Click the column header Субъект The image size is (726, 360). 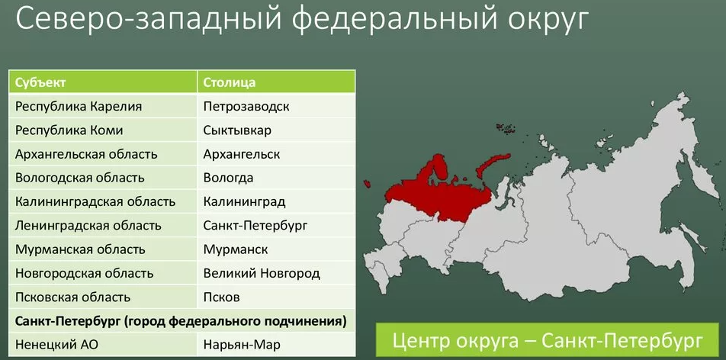tap(40, 82)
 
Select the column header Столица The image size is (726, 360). tap(230, 82)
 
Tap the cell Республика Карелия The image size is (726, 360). tap(79, 107)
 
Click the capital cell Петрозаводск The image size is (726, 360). tap(246, 107)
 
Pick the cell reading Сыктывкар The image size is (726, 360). tap(237, 130)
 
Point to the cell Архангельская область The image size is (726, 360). tap(86, 154)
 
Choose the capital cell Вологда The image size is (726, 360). tap(228, 178)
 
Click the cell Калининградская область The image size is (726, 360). tap(95, 202)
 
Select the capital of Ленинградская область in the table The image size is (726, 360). tap(255, 226)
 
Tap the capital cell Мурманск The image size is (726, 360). tap(236, 249)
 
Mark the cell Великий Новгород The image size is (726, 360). tap(262, 273)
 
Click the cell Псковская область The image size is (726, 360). tap(72, 297)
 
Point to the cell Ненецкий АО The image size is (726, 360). tap(57, 346)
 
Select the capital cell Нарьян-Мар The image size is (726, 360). tap(242, 346)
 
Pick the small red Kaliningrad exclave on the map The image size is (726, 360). tap(368, 184)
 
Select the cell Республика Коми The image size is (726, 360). tap(69, 130)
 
